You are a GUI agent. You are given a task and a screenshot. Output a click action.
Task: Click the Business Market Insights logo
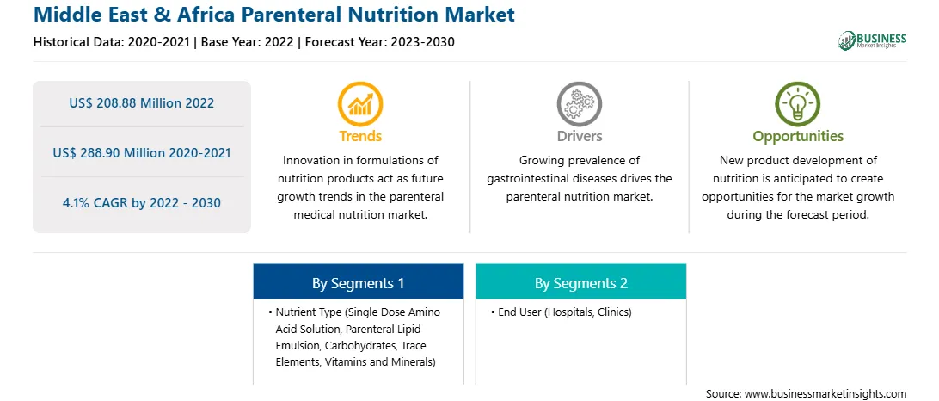tap(873, 40)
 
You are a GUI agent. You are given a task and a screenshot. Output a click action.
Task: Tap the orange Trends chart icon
tap(360, 104)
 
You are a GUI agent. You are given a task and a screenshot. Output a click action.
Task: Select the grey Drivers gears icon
tap(579, 104)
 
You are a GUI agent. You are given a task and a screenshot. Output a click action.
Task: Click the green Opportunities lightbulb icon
tap(798, 104)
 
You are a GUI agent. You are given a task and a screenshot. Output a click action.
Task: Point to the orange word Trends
tap(360, 136)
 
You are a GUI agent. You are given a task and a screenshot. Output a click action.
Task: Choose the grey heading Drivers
tap(579, 136)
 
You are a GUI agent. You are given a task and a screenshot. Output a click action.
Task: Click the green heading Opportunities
tap(798, 137)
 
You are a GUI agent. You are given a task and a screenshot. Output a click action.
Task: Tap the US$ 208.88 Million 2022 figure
tap(141, 103)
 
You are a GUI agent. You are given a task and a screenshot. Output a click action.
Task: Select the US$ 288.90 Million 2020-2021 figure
tap(141, 153)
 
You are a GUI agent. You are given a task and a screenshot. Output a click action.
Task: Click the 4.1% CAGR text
tap(141, 203)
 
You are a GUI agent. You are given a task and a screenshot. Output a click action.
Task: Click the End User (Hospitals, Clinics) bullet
tap(562, 312)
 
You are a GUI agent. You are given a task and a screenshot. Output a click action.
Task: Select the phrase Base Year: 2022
tap(248, 42)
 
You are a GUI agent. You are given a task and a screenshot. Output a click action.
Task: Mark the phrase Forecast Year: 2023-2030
tap(379, 42)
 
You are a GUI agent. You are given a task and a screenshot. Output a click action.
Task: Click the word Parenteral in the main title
tap(287, 14)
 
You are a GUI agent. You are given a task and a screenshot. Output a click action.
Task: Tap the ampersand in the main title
tap(167, 14)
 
